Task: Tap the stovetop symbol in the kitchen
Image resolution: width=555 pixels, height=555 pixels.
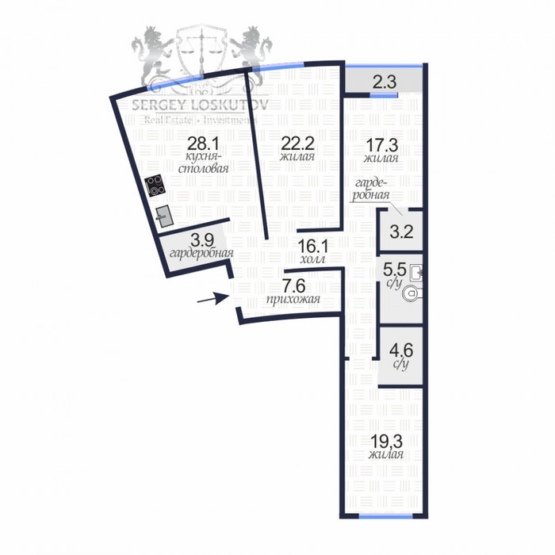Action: pyautogui.click(x=155, y=185)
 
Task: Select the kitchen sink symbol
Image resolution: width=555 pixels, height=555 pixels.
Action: pyautogui.click(x=164, y=216)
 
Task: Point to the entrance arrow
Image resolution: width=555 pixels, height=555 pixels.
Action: pyautogui.click(x=213, y=298)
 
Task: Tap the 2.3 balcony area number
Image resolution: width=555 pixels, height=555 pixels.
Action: pyautogui.click(x=385, y=82)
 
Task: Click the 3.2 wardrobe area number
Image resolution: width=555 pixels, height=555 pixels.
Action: pyautogui.click(x=401, y=232)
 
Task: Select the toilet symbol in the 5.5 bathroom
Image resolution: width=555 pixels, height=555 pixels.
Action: pyautogui.click(x=413, y=293)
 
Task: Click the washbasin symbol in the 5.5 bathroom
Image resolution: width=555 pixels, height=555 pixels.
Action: pyautogui.click(x=416, y=273)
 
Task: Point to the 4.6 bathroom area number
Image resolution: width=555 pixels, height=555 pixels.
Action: pyautogui.click(x=401, y=350)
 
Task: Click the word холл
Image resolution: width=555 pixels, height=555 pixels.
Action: pyautogui.click(x=313, y=259)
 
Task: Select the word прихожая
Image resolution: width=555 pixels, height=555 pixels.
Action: pyautogui.click(x=293, y=300)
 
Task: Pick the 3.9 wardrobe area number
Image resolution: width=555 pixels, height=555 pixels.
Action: pyautogui.click(x=202, y=241)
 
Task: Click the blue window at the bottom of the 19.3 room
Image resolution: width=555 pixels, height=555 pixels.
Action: pyautogui.click(x=385, y=516)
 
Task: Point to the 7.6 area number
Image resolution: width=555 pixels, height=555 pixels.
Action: pyautogui.click(x=293, y=285)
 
